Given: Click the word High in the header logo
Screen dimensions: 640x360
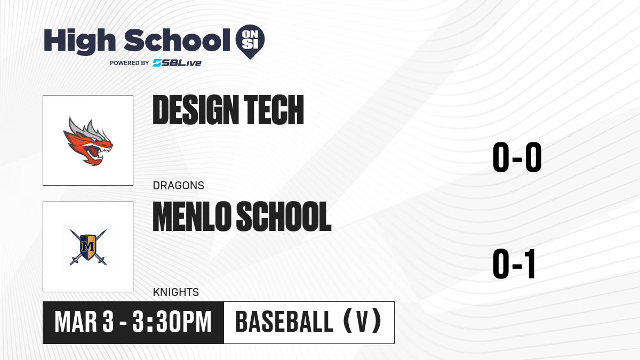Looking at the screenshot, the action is (x=79, y=42).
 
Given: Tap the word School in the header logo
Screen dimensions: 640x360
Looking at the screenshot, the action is (x=177, y=40).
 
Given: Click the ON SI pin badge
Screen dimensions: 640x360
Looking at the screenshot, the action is (x=250, y=42).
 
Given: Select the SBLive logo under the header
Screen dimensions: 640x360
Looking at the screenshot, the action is (x=177, y=63).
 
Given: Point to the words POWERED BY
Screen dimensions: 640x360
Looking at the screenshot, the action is (x=130, y=63).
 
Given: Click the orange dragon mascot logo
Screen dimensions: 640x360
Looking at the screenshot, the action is (x=88, y=141).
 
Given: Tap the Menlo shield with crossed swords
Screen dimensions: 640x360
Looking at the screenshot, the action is (x=88, y=247).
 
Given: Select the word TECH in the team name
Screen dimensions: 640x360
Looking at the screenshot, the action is (x=274, y=110).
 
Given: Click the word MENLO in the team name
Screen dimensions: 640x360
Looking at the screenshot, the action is (x=191, y=217).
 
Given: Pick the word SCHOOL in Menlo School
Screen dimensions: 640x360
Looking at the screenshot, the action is (x=284, y=217).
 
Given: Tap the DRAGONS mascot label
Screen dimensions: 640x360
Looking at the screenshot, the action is (x=179, y=186).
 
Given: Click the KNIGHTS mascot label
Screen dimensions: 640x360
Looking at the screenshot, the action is (x=176, y=292).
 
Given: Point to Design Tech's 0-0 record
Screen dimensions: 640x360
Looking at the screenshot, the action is (x=517, y=157).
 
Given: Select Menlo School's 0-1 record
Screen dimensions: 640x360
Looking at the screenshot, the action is (x=514, y=263).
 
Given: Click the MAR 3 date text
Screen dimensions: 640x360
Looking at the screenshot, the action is (x=84, y=322).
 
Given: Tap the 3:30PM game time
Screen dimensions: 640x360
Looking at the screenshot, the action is (x=172, y=322).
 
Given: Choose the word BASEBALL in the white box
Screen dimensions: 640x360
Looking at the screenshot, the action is (x=284, y=322).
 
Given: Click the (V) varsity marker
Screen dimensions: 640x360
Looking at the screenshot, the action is (x=362, y=322).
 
